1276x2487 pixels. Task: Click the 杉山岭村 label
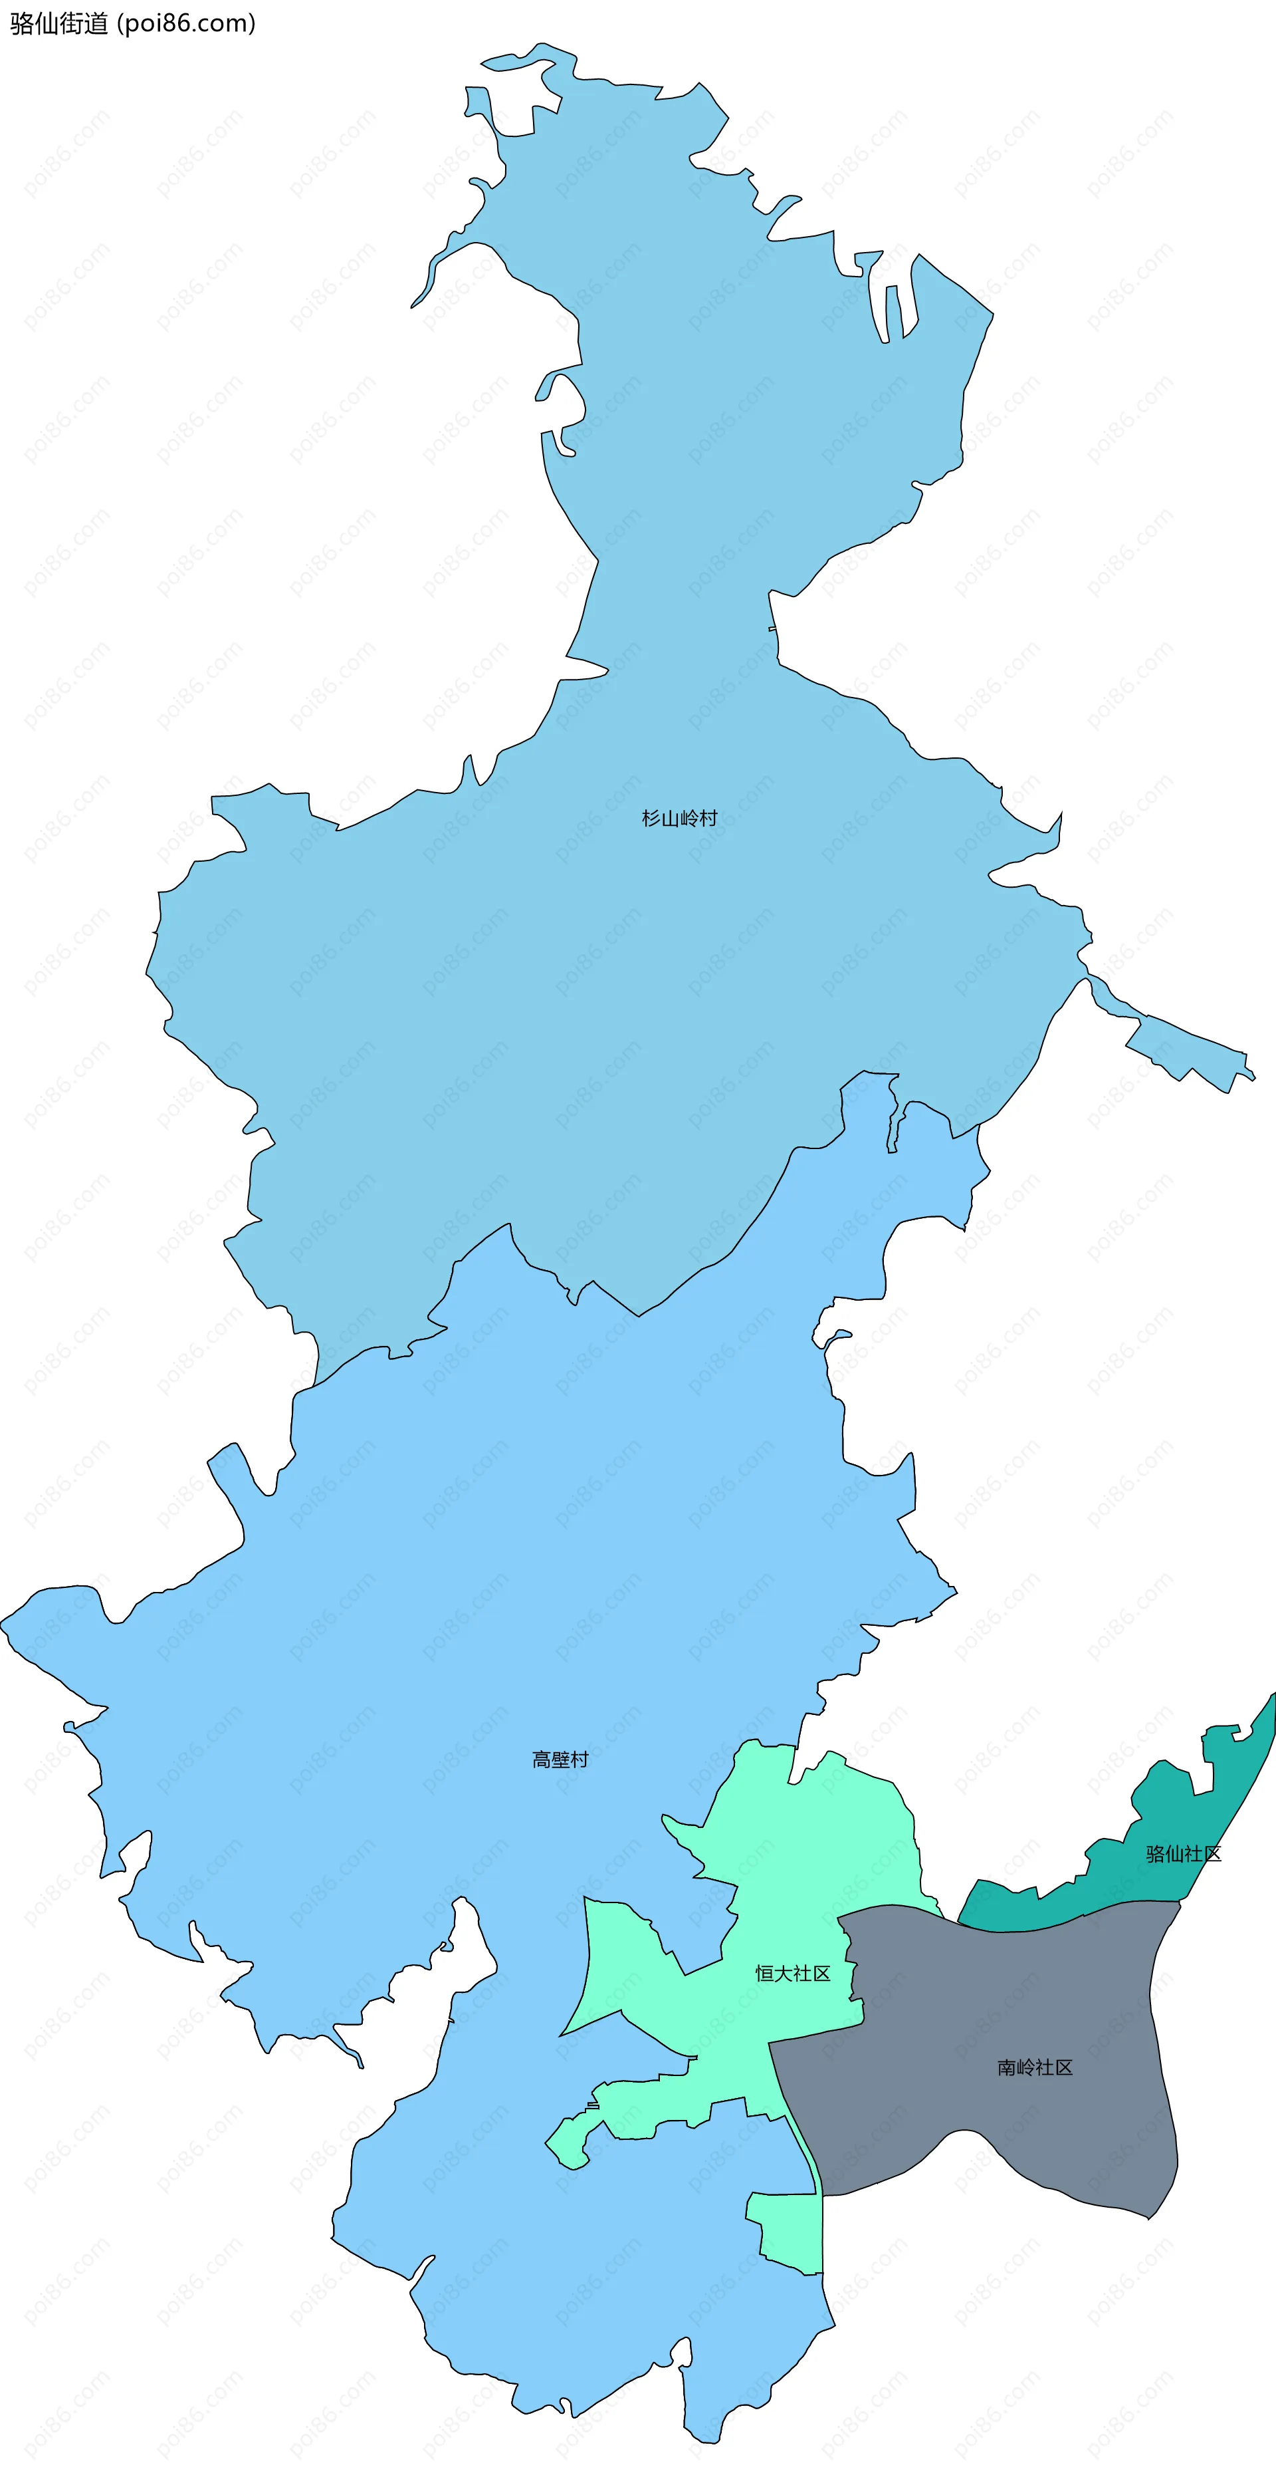tap(679, 819)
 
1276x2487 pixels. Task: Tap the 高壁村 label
tap(560, 1759)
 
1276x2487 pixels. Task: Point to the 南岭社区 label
tap(1035, 2067)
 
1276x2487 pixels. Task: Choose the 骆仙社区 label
tap(1184, 1854)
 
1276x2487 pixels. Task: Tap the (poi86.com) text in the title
tap(185, 23)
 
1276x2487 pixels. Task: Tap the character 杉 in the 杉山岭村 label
tap(651, 819)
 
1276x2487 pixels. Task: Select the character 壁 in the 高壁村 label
tap(560, 1759)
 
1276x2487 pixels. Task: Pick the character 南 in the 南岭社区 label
tap(1007, 2067)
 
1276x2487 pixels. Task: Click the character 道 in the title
tap(96, 23)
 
